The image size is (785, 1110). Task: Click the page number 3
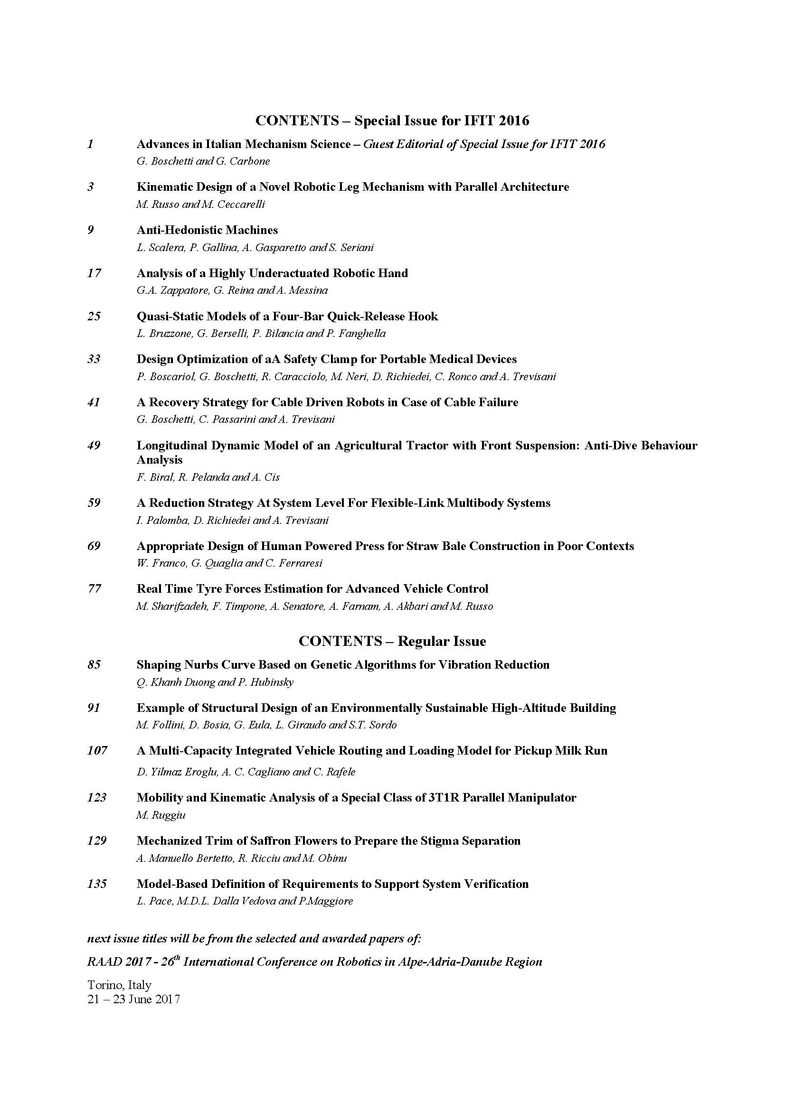coord(90,187)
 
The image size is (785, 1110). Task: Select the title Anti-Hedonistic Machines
coord(207,230)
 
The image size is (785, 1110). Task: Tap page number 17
coord(94,273)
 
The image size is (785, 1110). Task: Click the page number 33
coord(94,359)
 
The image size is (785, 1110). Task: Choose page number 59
coord(94,503)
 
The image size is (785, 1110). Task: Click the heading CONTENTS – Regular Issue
coord(392,641)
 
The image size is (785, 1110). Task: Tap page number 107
coord(97,751)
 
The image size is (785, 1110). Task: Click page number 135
coord(97,884)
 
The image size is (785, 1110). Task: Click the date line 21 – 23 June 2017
coord(133,999)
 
